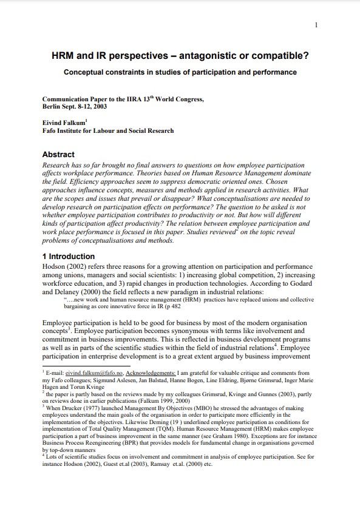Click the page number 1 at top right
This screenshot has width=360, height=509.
tap(317, 25)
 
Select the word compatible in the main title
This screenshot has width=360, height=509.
tap(280, 57)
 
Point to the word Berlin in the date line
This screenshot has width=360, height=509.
tap(53, 106)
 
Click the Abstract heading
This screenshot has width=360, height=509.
tap(58, 155)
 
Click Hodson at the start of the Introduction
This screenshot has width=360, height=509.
tap(56, 267)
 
